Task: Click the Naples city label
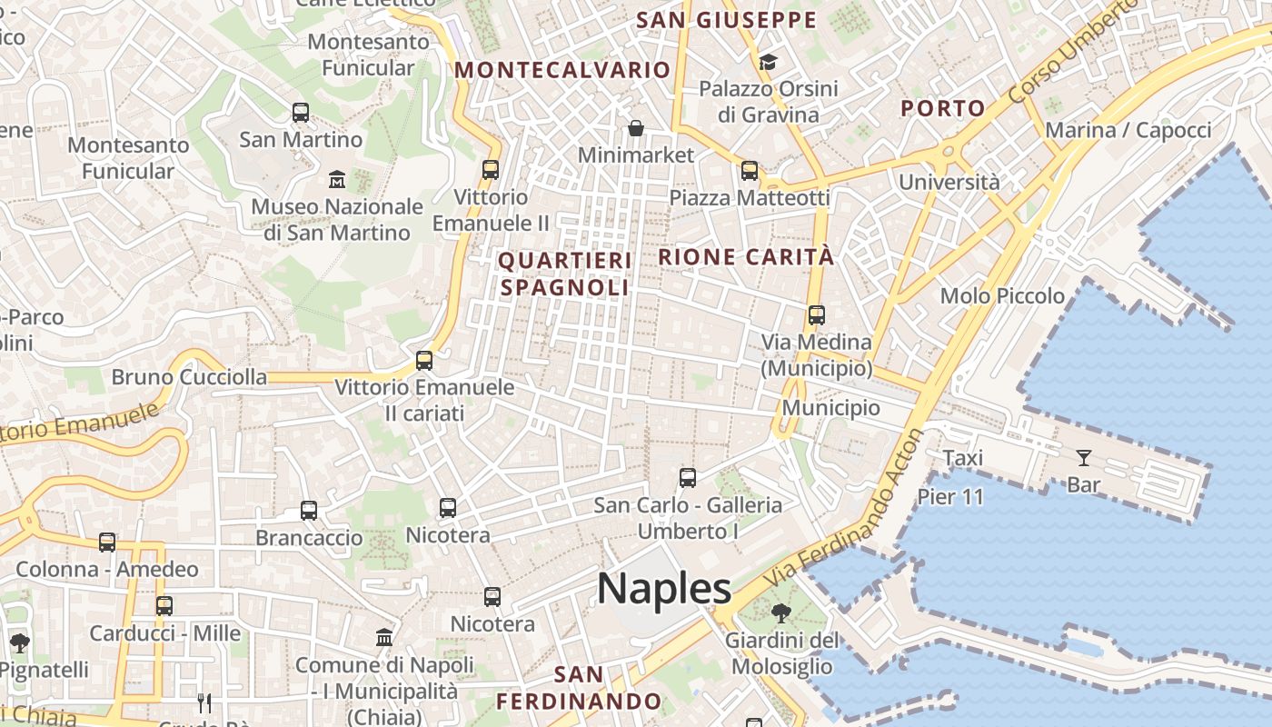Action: click(664, 589)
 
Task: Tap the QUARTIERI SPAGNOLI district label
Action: click(564, 274)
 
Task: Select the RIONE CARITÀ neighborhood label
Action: click(745, 257)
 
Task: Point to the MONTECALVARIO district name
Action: click(562, 70)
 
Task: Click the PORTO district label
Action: click(942, 108)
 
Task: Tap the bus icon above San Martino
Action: click(301, 113)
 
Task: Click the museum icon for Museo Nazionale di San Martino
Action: click(337, 178)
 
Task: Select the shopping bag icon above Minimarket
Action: click(636, 127)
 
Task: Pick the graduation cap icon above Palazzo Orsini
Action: click(768, 62)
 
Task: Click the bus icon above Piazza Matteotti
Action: click(750, 170)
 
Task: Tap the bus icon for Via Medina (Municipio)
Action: click(816, 315)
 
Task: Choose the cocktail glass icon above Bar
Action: click(1083, 457)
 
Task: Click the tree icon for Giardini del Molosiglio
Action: click(780, 613)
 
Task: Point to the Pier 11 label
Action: click(950, 497)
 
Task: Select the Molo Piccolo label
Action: click(1002, 295)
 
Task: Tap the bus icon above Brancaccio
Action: click(309, 511)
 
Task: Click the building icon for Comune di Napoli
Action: click(384, 637)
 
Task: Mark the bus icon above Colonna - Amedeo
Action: click(107, 543)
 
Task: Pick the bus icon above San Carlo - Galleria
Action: click(688, 477)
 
